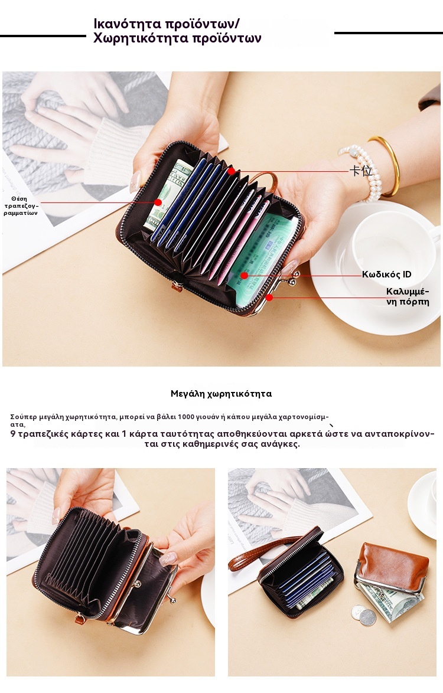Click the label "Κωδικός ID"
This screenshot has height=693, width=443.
pos(386,274)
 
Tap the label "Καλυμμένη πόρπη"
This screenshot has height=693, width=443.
pos(408,296)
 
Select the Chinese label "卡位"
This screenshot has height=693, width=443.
pos(361,171)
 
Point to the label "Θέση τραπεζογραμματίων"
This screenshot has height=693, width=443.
pos(21,206)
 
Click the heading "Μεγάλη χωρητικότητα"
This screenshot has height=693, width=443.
pos(221,394)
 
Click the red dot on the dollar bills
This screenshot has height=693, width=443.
pos(158,202)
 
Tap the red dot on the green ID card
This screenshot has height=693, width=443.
pos(244,276)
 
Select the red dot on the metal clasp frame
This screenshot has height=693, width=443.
pos(269,298)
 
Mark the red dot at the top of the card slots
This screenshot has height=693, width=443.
pos(231,171)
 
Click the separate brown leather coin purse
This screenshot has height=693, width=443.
pos(392,567)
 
